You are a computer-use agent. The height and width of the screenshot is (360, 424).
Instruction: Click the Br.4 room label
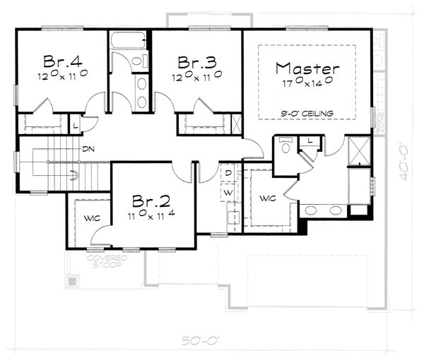pos(60,60)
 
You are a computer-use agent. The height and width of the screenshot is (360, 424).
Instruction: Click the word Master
pos(307,68)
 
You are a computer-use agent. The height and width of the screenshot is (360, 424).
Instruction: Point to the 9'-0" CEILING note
pos(307,113)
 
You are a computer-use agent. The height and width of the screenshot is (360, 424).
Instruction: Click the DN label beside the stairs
pos(88,149)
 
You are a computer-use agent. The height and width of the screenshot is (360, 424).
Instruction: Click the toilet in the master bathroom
pos(285,148)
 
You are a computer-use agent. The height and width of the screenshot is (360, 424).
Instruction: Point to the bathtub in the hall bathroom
pos(128,40)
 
